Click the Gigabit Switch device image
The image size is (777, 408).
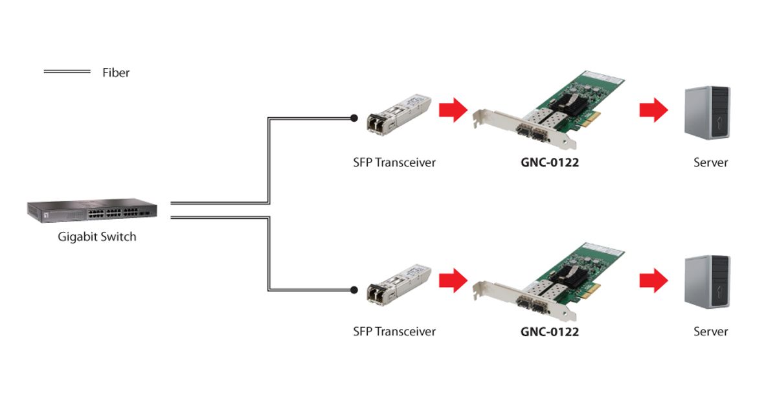click(91, 210)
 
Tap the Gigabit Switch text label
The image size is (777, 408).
click(97, 237)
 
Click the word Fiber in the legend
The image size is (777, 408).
click(116, 73)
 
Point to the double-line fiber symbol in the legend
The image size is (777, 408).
click(67, 71)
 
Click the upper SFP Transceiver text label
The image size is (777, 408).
click(394, 163)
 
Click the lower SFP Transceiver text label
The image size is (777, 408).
click(394, 332)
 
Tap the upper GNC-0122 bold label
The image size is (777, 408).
click(550, 163)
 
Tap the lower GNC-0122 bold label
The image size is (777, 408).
click(550, 332)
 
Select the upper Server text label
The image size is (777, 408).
click(710, 163)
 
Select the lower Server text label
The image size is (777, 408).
click(710, 332)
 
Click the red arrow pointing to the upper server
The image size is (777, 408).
click(653, 110)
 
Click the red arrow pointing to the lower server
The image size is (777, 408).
click(653, 280)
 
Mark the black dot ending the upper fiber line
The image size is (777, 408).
click(354, 118)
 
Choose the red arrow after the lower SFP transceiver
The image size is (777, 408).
click(453, 280)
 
